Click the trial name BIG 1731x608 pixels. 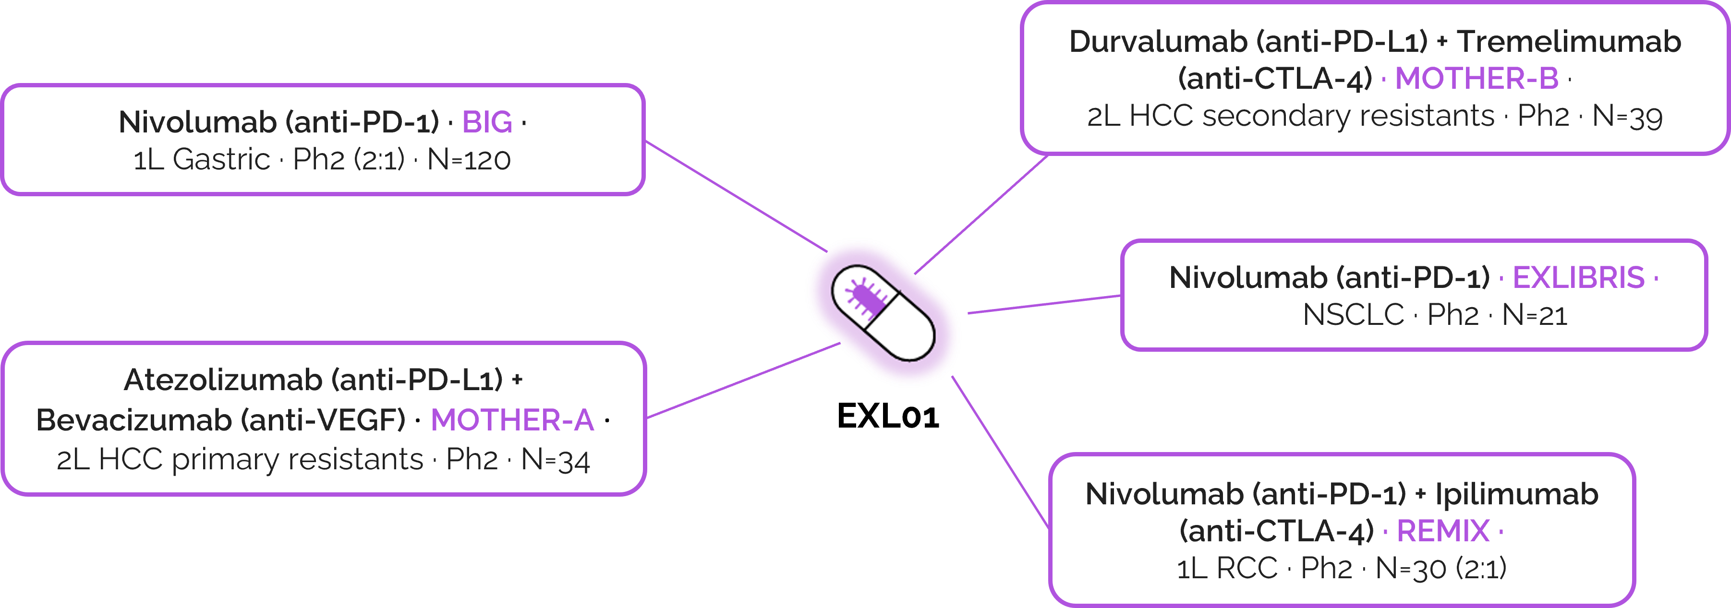[x=487, y=122]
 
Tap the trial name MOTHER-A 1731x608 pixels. [x=512, y=420]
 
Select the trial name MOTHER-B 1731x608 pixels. [x=1477, y=79]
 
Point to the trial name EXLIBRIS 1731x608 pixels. [x=1578, y=277]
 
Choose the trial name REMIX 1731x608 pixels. [x=1443, y=531]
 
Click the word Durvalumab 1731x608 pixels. [x=1159, y=42]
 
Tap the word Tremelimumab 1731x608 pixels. [x=1568, y=42]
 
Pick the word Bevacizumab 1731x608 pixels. [x=133, y=420]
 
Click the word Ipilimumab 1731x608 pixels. [x=1517, y=494]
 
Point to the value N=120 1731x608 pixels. [x=469, y=160]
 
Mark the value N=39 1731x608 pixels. [x=1627, y=116]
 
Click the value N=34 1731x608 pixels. [x=555, y=460]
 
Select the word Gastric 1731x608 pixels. [x=221, y=160]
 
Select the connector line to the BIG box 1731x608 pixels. [x=732, y=194]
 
